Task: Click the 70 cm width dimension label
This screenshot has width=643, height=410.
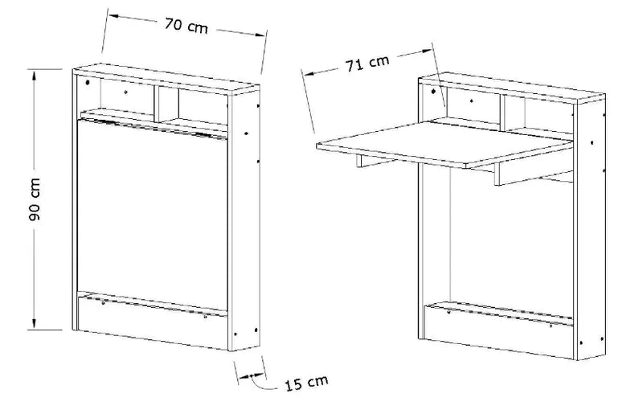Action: coord(186,26)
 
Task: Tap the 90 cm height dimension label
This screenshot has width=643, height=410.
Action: coord(35,199)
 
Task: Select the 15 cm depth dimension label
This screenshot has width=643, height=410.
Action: coord(307,383)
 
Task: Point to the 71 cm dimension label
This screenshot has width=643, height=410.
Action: coord(367,64)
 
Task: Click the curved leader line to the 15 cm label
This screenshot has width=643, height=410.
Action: coord(262,383)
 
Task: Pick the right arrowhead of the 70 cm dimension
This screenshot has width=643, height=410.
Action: coord(260,35)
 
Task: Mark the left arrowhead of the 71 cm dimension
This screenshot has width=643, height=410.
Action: coord(308,74)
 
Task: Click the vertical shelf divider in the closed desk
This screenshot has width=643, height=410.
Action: coord(156,104)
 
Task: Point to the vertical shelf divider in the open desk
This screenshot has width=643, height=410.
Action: coord(502,113)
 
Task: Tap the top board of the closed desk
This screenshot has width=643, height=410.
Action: coord(166,79)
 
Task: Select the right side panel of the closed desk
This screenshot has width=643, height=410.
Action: coord(244,220)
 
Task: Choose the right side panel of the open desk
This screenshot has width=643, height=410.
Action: coord(590,230)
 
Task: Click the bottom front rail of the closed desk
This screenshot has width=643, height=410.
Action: coord(152,322)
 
